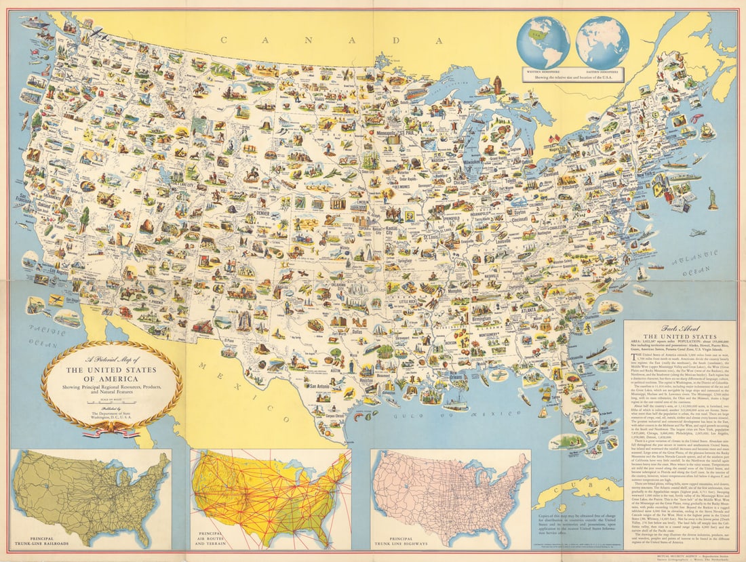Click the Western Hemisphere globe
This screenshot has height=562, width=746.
(543, 41)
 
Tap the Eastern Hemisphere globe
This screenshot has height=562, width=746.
(602, 41)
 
